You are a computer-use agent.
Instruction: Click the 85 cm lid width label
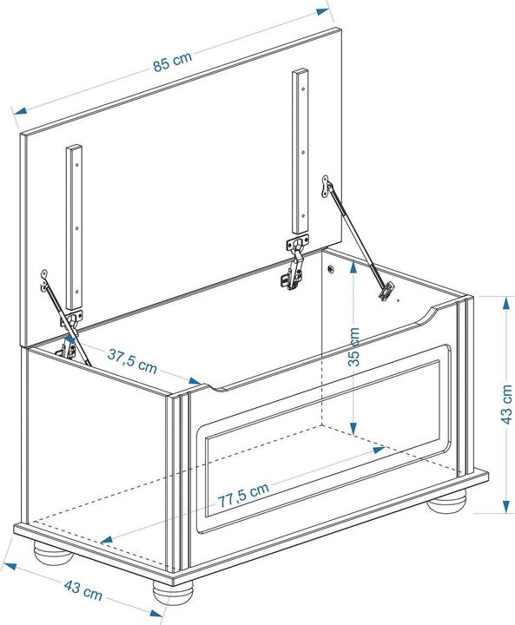pos(172,62)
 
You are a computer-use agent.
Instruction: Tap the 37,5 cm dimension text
pos(132,359)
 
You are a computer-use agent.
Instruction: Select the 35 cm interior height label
pos(353,348)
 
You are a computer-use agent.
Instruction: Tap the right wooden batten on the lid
pos(300,156)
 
